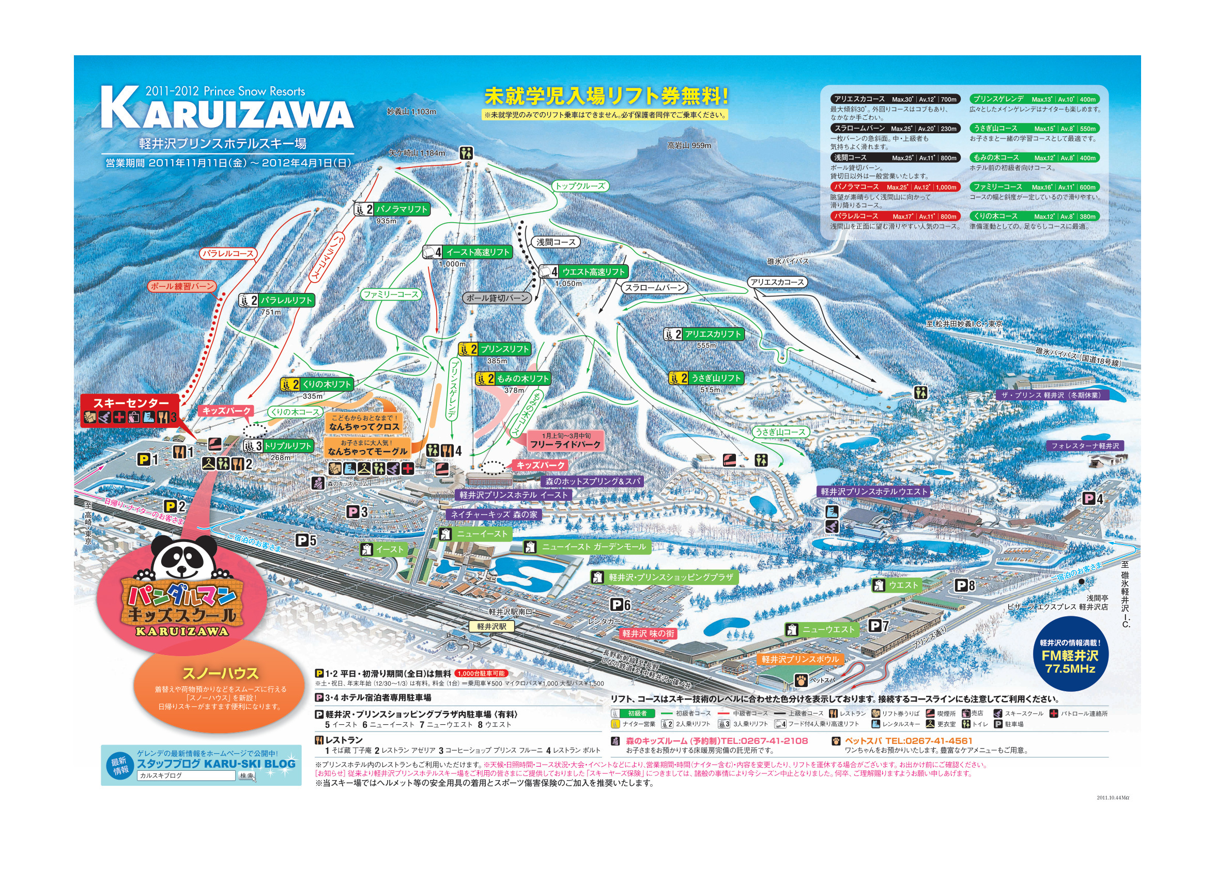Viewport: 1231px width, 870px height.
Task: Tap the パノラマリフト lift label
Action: [x=401, y=210]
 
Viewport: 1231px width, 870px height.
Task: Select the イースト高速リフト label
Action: [x=476, y=253]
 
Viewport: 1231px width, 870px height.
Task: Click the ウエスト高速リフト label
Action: [x=592, y=272]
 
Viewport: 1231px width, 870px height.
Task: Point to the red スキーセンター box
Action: [x=131, y=403]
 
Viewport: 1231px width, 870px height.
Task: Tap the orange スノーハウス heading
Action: [x=220, y=673]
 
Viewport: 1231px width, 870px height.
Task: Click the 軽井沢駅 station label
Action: [x=491, y=627]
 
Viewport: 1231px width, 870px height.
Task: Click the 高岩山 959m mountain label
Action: [x=689, y=146]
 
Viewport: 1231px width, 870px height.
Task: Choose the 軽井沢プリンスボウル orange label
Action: [x=800, y=659]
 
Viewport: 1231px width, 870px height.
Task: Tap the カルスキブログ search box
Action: [x=186, y=775]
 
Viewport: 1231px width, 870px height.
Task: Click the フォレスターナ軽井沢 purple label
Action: [x=1085, y=446]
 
